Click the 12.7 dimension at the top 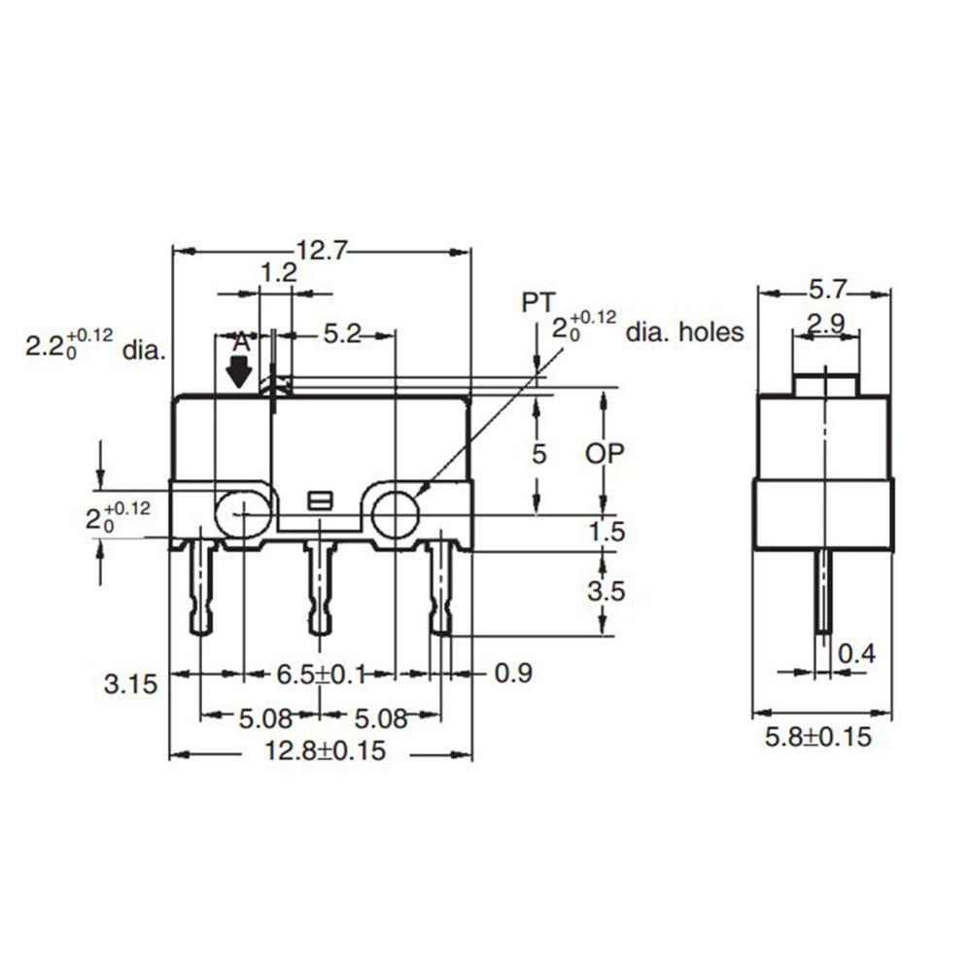click(321, 252)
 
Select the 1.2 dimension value click(278, 273)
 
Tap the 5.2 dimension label click(342, 334)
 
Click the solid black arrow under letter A click(238, 372)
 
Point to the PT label click(537, 304)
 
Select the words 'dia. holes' click(684, 333)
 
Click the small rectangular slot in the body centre click(318, 502)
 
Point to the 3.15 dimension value click(130, 683)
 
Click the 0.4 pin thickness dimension click(856, 654)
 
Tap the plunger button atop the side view click(824, 383)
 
